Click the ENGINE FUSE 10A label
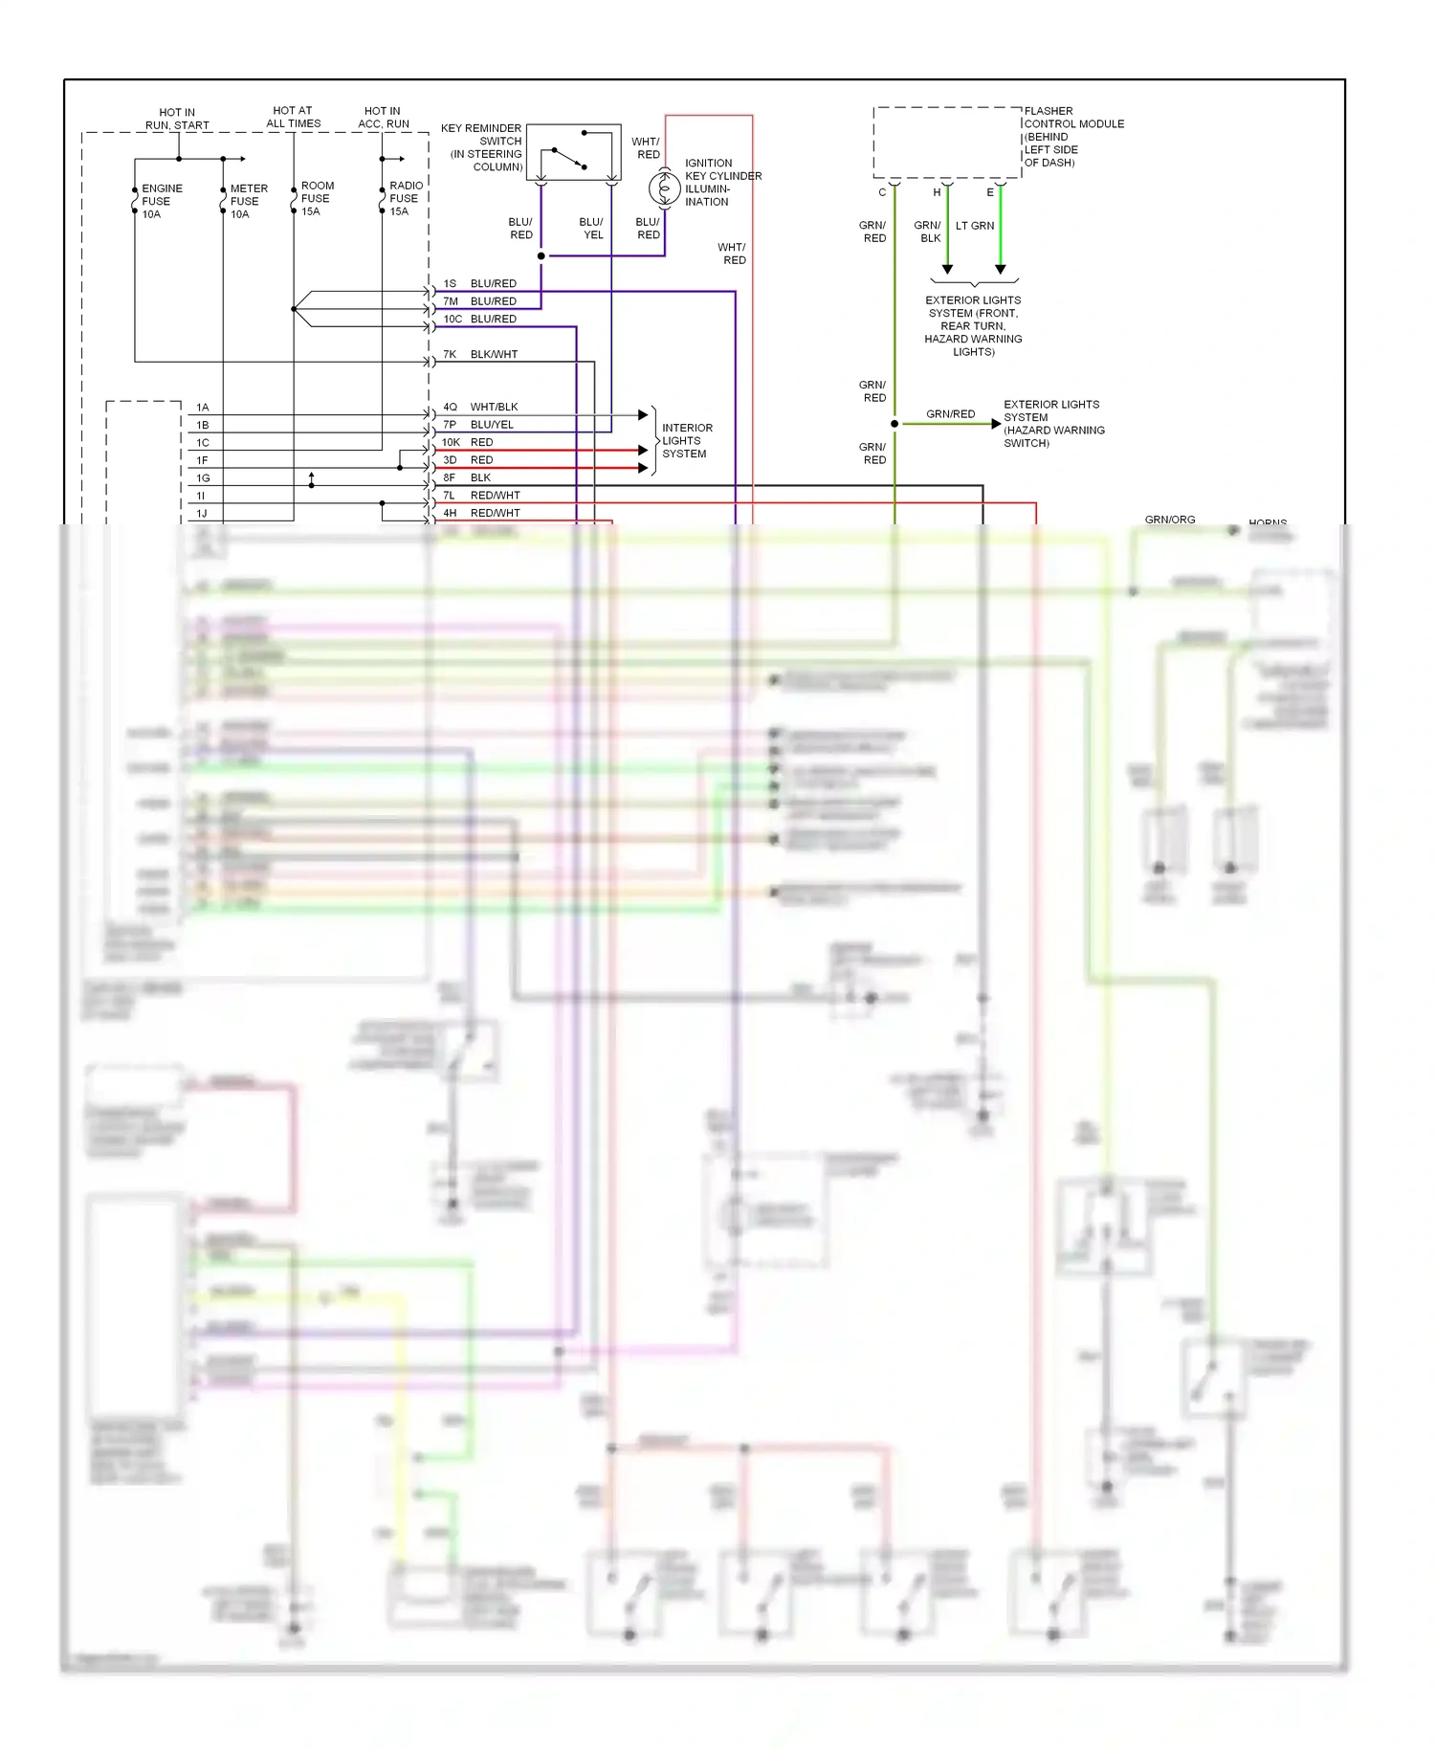click(x=161, y=201)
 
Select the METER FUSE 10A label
click(x=248, y=201)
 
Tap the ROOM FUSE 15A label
click(x=317, y=198)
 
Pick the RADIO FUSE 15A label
click(x=405, y=198)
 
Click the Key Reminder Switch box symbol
click(x=573, y=152)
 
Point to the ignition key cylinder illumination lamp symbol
click(x=664, y=188)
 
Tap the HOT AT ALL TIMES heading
click(x=293, y=117)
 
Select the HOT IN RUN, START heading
click(x=177, y=119)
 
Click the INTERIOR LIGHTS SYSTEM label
click(x=686, y=440)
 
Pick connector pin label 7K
click(x=450, y=354)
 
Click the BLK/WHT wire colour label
click(x=494, y=354)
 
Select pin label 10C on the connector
click(x=452, y=319)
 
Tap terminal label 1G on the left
click(x=203, y=477)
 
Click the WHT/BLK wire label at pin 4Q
click(x=494, y=407)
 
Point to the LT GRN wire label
click(x=975, y=226)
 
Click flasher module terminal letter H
click(x=937, y=192)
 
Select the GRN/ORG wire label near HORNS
click(x=1169, y=520)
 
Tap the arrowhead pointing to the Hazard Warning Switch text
click(x=996, y=423)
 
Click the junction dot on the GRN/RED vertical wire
click(x=894, y=423)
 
